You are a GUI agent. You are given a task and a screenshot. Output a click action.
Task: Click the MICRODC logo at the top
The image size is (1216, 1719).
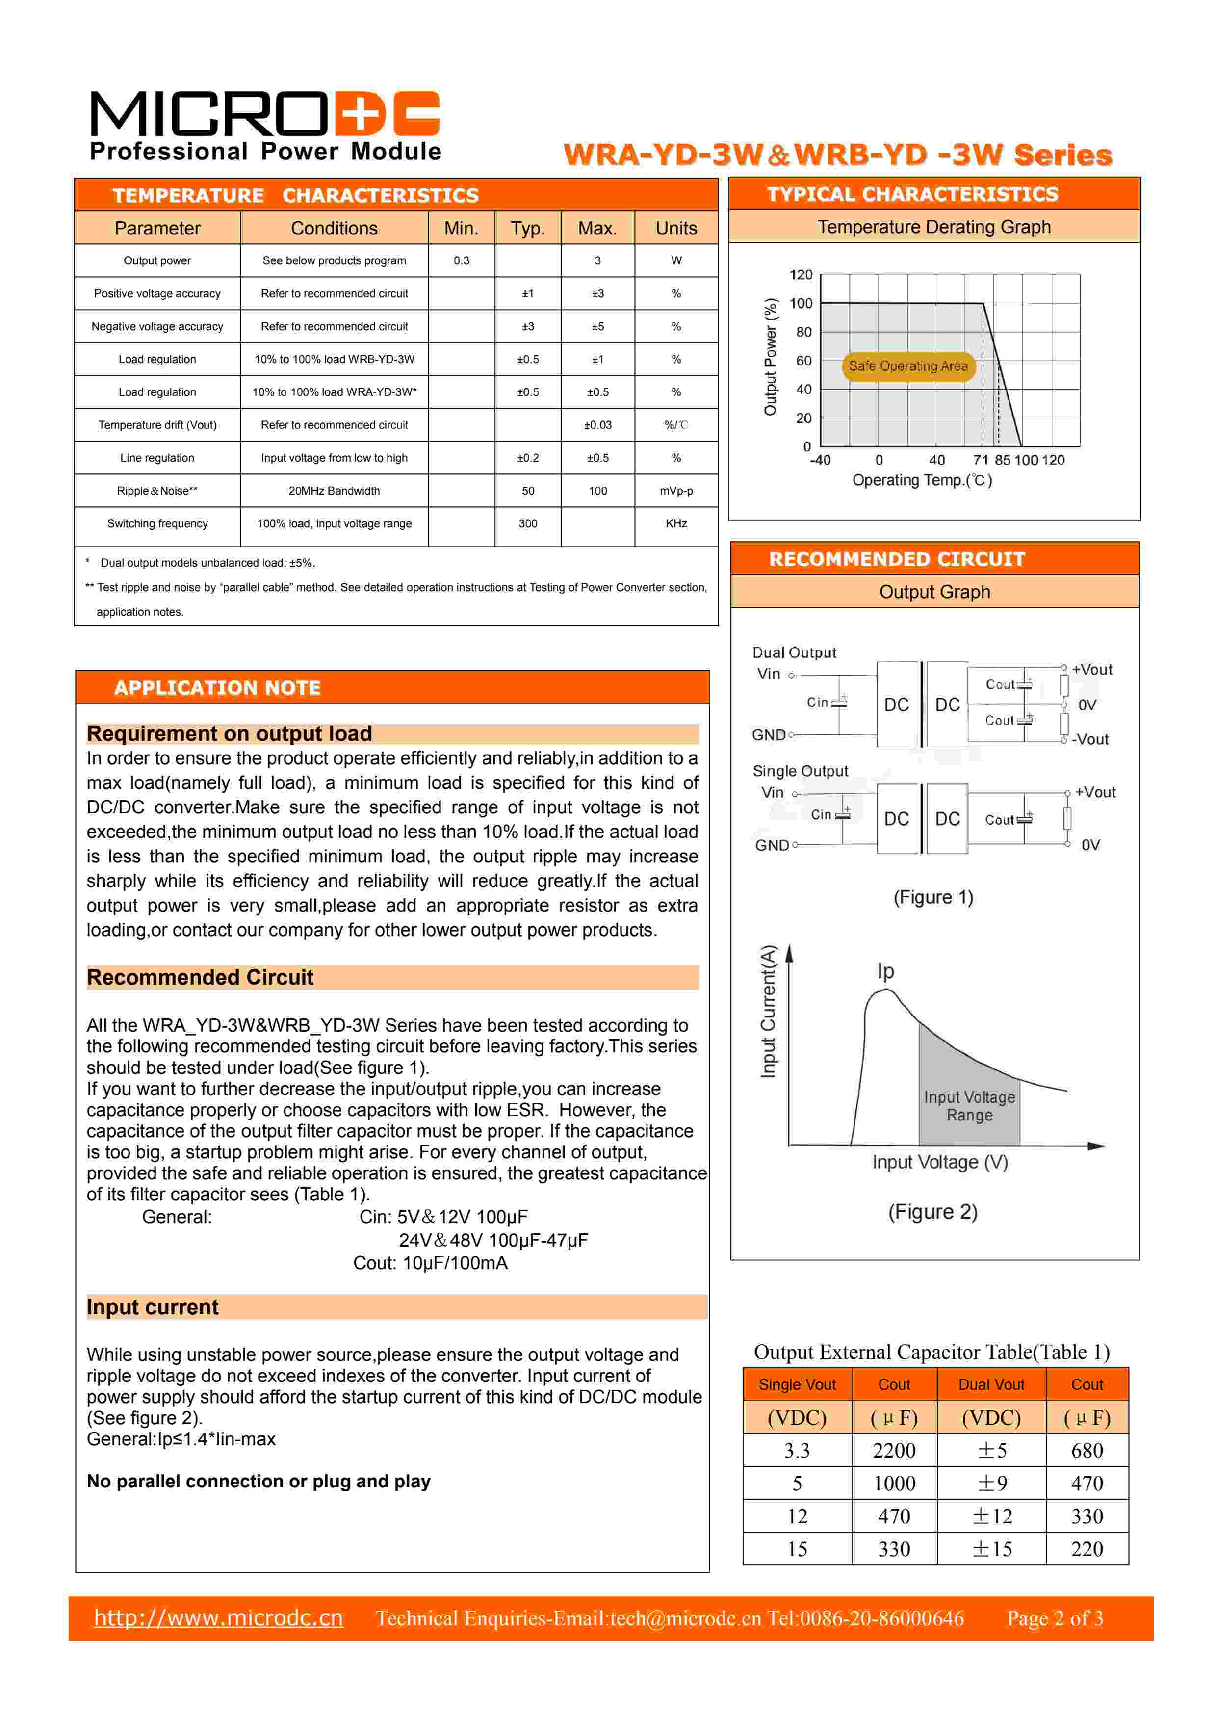[x=264, y=125]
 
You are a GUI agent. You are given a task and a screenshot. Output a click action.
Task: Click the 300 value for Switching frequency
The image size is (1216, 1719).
[x=528, y=523]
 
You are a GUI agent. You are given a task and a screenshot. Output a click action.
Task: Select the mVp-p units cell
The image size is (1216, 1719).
[x=676, y=491]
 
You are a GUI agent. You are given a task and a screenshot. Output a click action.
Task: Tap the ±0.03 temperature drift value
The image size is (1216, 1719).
[x=597, y=424]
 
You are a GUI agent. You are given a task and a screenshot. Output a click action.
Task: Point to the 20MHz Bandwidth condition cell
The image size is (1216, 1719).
[x=334, y=491]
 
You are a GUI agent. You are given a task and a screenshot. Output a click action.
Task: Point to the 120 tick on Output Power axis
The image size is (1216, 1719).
[x=801, y=275]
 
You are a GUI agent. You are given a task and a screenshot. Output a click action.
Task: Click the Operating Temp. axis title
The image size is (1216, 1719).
[x=922, y=480]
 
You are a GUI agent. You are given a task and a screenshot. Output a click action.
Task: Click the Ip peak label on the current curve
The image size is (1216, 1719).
[x=886, y=971]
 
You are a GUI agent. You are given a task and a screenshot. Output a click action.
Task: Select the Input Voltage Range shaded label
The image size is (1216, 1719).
[x=969, y=1106]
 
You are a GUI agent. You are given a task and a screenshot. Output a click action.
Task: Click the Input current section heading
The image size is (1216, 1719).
[x=153, y=1307]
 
